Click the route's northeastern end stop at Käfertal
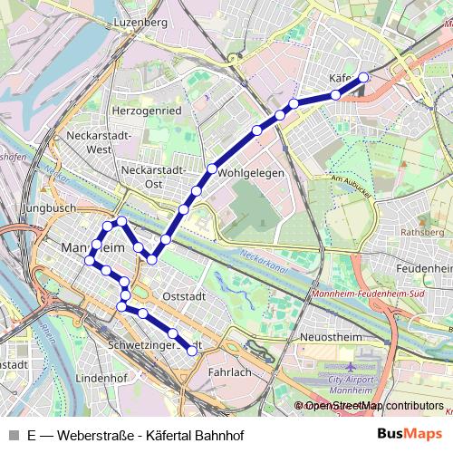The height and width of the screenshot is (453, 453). [x=364, y=78]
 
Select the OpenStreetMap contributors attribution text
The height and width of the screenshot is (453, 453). [x=373, y=406]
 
